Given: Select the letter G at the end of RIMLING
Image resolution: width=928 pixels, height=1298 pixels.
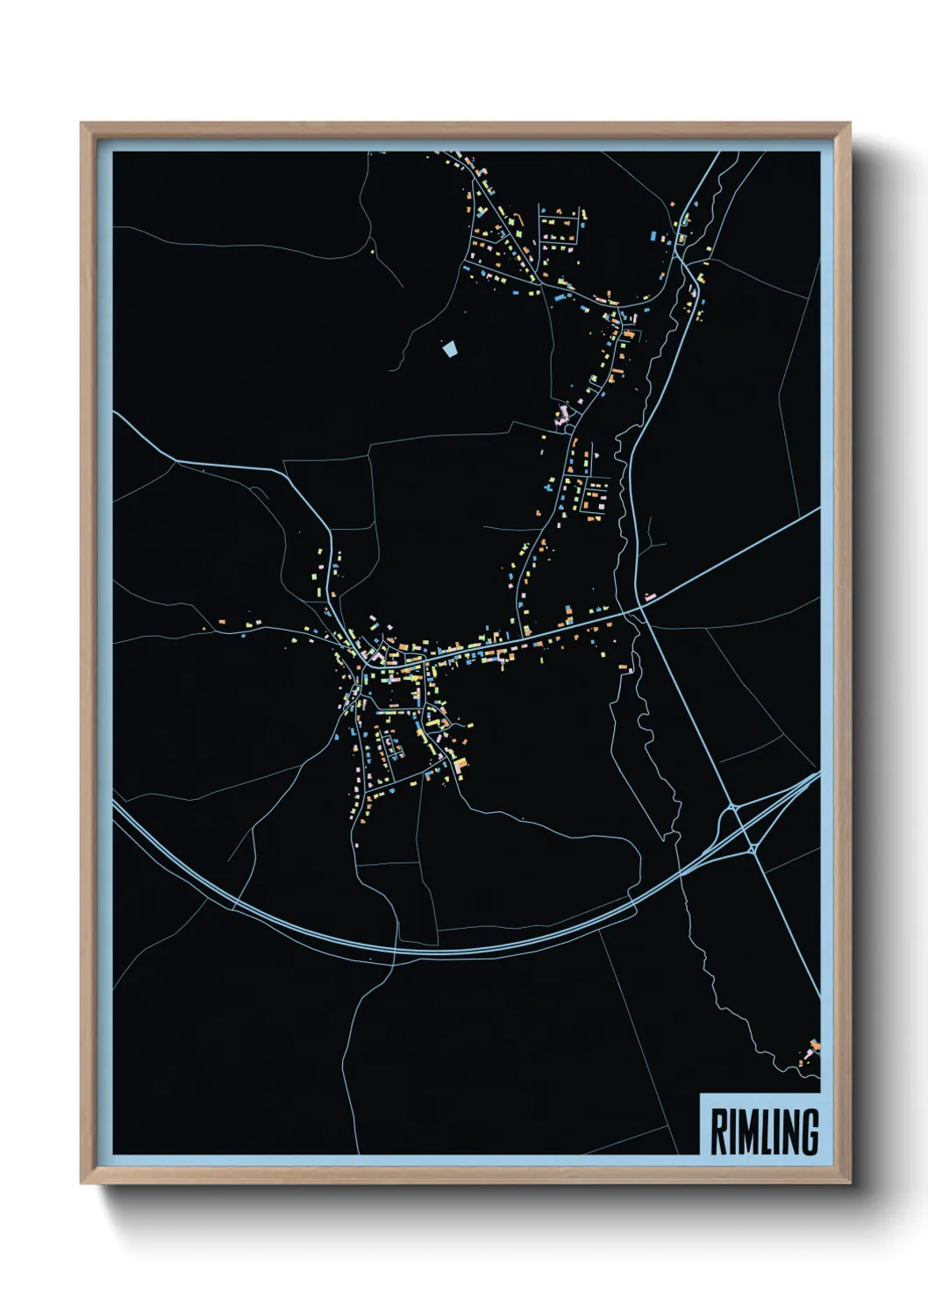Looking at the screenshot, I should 809,1132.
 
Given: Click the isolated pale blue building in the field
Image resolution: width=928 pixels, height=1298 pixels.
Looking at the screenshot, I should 450,349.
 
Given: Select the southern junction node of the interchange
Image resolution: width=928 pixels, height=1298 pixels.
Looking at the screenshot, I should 753,848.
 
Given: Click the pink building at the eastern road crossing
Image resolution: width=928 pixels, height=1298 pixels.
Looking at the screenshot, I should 648,597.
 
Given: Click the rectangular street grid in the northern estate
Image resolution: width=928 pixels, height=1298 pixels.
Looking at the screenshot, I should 559,230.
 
